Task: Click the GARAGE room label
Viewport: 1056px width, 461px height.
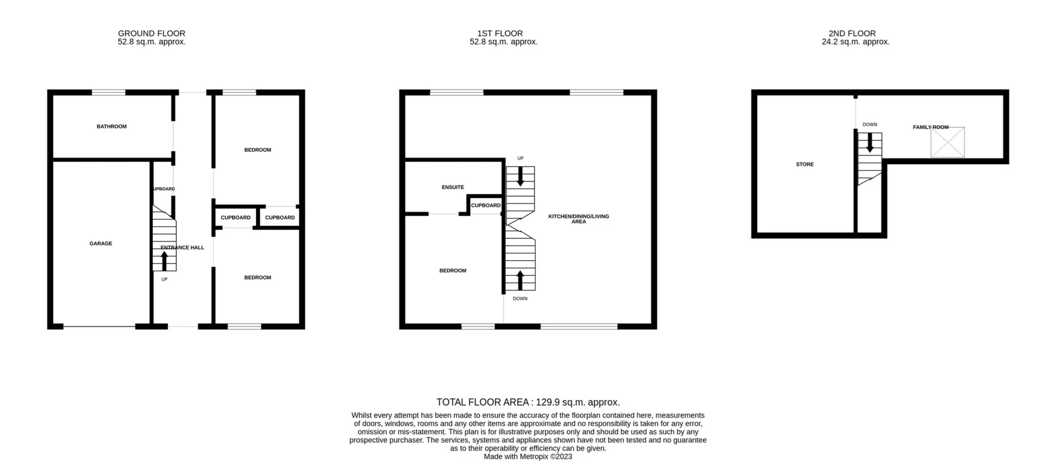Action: coord(101,244)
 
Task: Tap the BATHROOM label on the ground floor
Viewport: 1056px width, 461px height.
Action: coord(112,127)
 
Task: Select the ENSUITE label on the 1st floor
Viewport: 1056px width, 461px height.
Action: coord(453,187)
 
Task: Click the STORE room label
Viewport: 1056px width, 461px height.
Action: coord(805,164)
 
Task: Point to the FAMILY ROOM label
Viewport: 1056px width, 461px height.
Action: coord(930,127)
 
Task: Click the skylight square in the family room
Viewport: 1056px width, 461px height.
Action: coord(948,142)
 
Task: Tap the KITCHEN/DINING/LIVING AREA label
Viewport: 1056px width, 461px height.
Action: coord(578,219)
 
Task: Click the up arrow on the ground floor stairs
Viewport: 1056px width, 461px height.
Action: coord(164,261)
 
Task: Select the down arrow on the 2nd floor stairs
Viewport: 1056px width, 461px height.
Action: coord(869,142)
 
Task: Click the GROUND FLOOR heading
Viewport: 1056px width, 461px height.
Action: coord(152,33)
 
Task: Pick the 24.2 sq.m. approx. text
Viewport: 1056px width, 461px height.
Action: coord(855,42)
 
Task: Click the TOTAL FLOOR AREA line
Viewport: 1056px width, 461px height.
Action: coord(528,402)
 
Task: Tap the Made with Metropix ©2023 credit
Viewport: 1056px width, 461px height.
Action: coord(528,457)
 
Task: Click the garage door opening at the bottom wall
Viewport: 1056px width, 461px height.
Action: coord(99,327)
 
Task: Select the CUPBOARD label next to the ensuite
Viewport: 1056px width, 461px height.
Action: coord(485,205)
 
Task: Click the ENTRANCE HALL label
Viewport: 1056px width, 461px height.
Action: coord(183,248)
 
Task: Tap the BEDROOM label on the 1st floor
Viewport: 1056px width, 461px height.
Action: coord(453,271)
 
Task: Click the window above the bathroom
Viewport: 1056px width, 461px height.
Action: coord(109,93)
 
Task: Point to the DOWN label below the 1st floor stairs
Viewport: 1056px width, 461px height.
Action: coord(520,299)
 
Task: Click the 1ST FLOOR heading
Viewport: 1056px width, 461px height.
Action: coord(500,33)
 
